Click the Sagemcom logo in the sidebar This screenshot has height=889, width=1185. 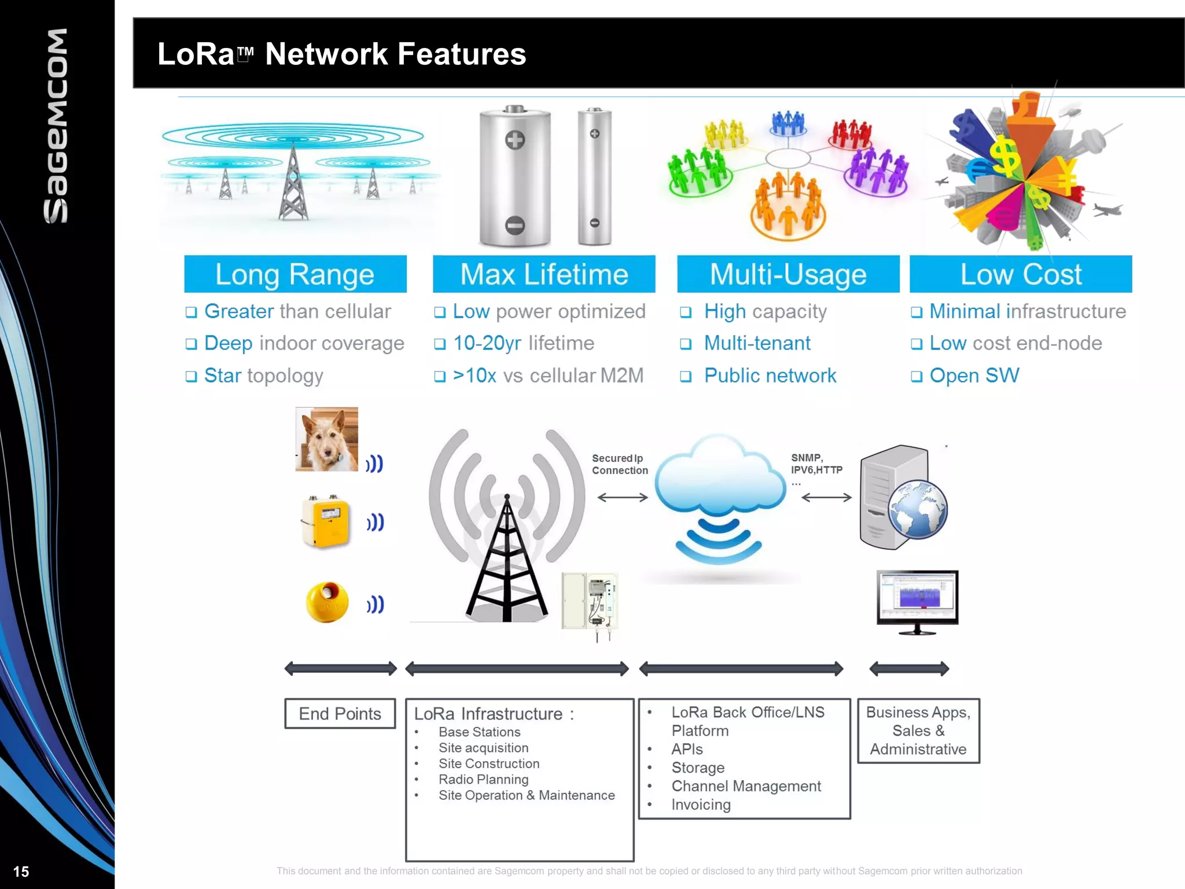pyautogui.click(x=56, y=126)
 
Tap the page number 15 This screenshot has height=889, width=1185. pyautogui.click(x=21, y=872)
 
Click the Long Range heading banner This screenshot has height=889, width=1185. pyautogui.click(x=295, y=274)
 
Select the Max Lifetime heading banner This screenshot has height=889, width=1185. pyautogui.click(x=544, y=274)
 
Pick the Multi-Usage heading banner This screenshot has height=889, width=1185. pyautogui.click(x=788, y=274)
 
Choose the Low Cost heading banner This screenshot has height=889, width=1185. pyautogui.click(x=1021, y=274)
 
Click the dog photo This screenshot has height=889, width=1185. pyautogui.click(x=326, y=439)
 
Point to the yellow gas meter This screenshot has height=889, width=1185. pyautogui.click(x=326, y=521)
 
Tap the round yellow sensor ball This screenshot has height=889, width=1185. pyautogui.click(x=327, y=602)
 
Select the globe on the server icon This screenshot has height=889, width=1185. pyautogui.click(x=917, y=510)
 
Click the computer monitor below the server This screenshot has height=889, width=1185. pyautogui.click(x=917, y=600)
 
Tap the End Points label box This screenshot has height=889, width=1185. pyautogui.click(x=340, y=714)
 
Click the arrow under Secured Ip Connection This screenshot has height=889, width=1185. pyautogui.click(x=623, y=497)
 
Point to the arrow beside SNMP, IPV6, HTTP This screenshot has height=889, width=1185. pyautogui.click(x=826, y=497)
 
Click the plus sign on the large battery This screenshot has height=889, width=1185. pyautogui.click(x=514, y=139)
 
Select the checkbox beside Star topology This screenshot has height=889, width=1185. pyautogui.click(x=191, y=376)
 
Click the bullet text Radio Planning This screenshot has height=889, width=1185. pyautogui.click(x=483, y=780)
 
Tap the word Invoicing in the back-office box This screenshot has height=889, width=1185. pyautogui.click(x=701, y=804)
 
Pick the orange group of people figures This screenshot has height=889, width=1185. pyautogui.click(x=787, y=205)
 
